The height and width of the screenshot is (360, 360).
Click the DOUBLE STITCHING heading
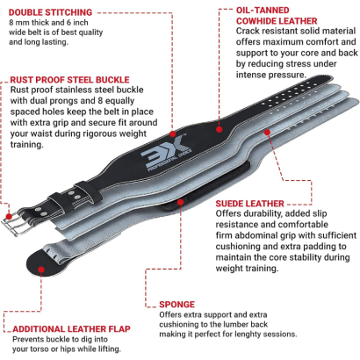[x=50, y=12]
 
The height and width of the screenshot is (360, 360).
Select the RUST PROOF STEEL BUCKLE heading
[x=69, y=80]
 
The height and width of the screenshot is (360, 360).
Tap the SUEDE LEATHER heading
[x=249, y=204]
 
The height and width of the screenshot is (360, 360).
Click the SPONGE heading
[x=176, y=305]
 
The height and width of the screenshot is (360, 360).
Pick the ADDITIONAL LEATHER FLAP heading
[x=71, y=329]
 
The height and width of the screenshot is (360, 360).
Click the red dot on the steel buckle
[x=9, y=217]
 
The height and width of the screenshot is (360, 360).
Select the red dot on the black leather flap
[x=41, y=270]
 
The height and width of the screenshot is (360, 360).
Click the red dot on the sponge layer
[x=181, y=202]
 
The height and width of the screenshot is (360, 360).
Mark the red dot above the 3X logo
[x=173, y=134]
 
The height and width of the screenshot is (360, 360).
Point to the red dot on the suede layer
[x=267, y=133]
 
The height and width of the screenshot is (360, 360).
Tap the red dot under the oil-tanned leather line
[x=220, y=129]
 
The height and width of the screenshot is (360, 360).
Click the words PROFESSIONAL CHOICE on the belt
[x=170, y=161]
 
